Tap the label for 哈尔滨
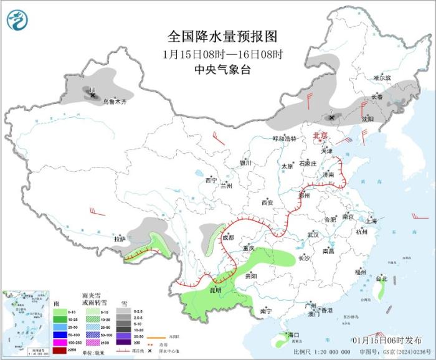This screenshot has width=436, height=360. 382,78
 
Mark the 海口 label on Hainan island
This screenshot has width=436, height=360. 293,335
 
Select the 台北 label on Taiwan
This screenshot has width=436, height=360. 381,278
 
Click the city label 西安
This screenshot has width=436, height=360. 267,202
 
